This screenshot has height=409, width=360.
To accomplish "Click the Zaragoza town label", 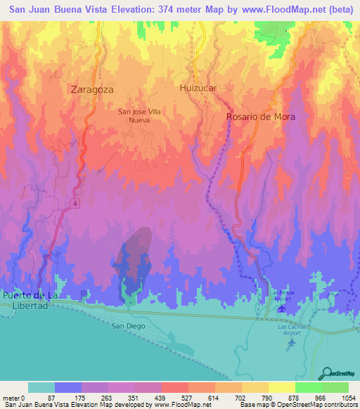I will pos(92,89).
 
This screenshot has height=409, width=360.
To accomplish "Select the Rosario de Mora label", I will pos(260,117).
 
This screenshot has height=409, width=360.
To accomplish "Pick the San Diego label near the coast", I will pos(128,326).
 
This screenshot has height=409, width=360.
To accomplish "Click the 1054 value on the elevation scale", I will pos(347,397).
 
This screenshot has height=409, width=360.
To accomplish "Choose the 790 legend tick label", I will pos(267,397).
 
